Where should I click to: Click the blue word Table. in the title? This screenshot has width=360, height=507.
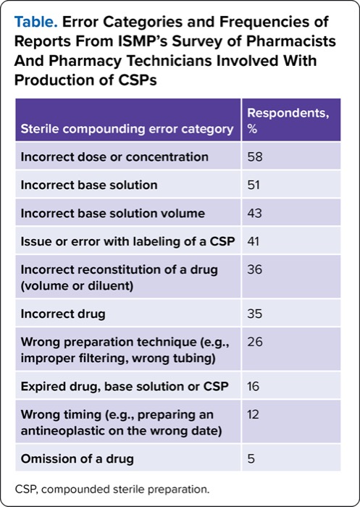[x=36, y=22]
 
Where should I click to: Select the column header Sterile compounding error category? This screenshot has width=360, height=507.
[x=127, y=129]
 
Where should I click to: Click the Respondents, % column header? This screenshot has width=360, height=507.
[x=288, y=121]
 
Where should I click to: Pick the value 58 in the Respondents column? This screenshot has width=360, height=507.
[x=254, y=157]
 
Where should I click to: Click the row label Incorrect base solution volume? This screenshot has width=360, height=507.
[x=112, y=214]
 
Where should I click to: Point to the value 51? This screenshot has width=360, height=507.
[x=254, y=185]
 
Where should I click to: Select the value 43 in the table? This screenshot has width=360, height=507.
[x=254, y=214]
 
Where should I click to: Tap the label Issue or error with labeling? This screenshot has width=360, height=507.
[x=127, y=241]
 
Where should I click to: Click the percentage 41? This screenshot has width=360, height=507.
[x=254, y=241]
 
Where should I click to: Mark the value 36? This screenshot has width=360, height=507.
[x=254, y=269]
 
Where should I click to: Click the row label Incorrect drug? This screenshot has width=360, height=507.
[x=63, y=314]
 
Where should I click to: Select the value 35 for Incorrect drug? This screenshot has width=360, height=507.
[x=254, y=314]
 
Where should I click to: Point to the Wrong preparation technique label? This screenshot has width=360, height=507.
[x=125, y=350]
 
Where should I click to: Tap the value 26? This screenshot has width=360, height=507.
[x=255, y=342]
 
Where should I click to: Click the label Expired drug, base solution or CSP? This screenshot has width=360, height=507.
[x=125, y=387]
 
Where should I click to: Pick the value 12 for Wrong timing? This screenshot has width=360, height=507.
[x=254, y=414]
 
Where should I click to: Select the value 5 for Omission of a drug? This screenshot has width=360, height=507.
[x=251, y=458]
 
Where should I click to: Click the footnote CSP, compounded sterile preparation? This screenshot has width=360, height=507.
[x=112, y=489]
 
